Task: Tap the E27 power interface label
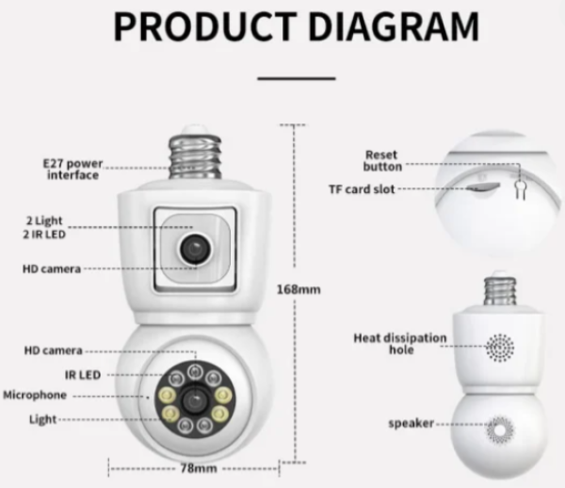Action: click(x=73, y=169)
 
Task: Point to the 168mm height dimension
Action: click(x=299, y=289)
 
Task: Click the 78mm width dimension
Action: click(x=193, y=467)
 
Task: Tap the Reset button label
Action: click(x=380, y=160)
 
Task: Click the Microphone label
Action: click(x=36, y=396)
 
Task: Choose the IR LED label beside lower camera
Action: click(x=83, y=374)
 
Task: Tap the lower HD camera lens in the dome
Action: click(x=194, y=399)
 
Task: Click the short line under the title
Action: click(x=296, y=78)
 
